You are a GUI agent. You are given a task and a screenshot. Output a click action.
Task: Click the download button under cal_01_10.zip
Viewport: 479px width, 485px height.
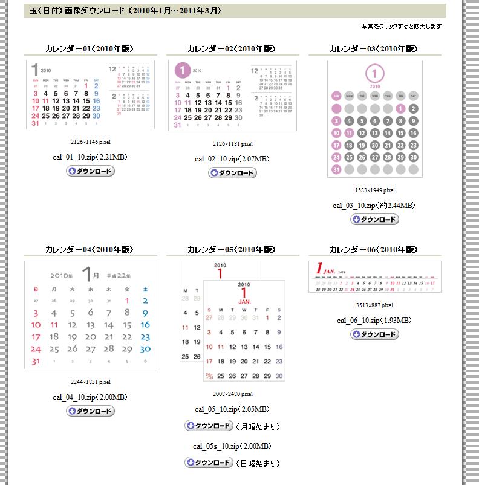click(90, 171)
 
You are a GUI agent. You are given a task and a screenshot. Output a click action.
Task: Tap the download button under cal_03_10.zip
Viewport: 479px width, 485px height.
click(374, 219)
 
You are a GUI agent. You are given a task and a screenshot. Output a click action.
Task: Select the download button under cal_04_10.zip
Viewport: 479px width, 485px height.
click(90, 411)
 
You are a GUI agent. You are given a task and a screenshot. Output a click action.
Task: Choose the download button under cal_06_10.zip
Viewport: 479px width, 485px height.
click(374, 334)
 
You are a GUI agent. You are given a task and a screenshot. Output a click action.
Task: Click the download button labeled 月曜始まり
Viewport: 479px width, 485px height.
click(209, 426)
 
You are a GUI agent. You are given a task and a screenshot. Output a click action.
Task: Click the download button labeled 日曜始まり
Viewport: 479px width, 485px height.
click(209, 463)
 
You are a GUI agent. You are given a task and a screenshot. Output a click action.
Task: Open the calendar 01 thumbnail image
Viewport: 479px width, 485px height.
click(90, 95)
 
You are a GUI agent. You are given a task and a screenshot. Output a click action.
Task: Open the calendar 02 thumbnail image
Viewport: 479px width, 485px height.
click(232, 96)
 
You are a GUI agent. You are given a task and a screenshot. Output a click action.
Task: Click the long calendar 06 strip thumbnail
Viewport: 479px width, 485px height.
click(374, 277)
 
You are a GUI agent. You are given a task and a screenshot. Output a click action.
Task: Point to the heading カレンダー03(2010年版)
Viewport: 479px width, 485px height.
click(374, 49)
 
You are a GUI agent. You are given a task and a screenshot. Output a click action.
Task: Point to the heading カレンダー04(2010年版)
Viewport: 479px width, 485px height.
click(90, 250)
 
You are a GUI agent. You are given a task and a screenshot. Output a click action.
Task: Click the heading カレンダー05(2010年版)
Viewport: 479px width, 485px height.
click(232, 250)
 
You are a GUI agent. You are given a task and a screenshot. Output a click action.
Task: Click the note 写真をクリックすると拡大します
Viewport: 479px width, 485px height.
click(402, 27)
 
